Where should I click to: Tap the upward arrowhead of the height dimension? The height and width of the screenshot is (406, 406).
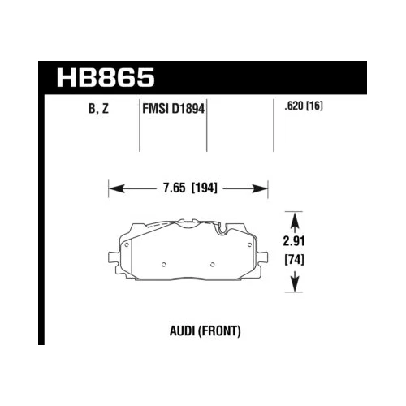(x=296, y=218)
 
